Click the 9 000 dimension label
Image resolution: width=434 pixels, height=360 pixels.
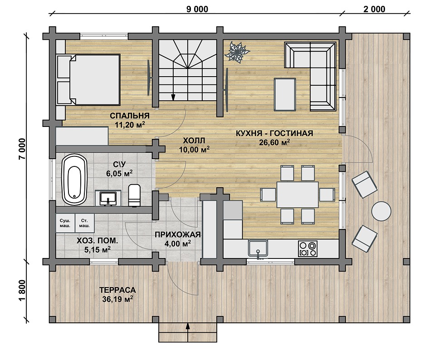pos(197,9)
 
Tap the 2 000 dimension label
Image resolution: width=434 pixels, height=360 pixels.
pos(374,9)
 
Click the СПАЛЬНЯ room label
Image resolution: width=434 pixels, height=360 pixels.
pos(130,115)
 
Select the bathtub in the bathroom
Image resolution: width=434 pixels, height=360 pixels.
pos(74,180)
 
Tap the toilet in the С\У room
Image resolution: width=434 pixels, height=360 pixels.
pos(135,195)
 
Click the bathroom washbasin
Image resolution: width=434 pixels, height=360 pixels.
pos(108,198)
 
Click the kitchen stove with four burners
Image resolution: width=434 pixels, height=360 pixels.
pos(307,248)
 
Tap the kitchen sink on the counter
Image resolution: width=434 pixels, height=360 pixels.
pos(258,248)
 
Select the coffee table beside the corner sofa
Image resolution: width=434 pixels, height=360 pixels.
pos(285,94)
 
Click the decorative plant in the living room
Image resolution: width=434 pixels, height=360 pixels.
pos(237,52)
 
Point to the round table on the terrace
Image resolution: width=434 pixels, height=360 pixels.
pos(381,211)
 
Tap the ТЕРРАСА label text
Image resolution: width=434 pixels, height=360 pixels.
pos(117,290)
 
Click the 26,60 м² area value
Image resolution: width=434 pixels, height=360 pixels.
pos(274,142)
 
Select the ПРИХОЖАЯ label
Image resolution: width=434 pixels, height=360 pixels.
pos(177,235)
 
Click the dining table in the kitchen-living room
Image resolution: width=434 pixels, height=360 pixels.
pos(297,195)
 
